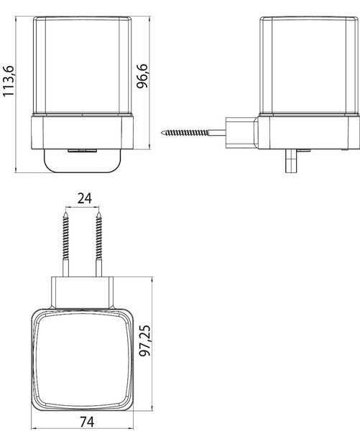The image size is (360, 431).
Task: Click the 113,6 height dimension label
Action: point(9,81)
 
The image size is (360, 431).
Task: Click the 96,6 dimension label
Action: point(142,76)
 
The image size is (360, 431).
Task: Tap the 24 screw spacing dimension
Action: point(84,198)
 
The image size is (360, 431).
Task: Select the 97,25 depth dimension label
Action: point(144,340)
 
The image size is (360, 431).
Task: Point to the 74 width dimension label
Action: point(87,422)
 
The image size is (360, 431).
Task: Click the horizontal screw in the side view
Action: point(193,133)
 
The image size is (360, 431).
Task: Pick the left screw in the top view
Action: point(65,244)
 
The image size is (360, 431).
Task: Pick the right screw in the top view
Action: point(99,244)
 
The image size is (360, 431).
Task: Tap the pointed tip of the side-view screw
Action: point(162,133)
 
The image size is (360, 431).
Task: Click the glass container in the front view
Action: point(83,65)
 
